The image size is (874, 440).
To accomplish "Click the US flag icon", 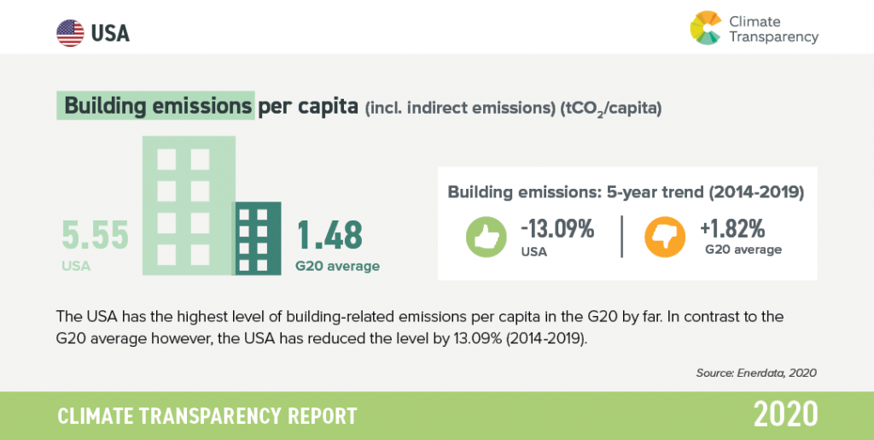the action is point(70,33).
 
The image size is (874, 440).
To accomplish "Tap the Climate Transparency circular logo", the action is point(706,28).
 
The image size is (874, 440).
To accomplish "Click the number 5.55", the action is point(96,235).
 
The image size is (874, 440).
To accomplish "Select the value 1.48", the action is point(329,235).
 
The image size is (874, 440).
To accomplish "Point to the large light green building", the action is point(189,206).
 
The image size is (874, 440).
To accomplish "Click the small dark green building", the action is point(256,238).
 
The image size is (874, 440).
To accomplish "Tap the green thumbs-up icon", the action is point(486,237).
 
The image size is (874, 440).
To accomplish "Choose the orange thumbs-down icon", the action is point(665,237).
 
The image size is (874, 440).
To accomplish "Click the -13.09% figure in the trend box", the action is point(557,229).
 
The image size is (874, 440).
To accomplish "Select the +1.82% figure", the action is point(732,229).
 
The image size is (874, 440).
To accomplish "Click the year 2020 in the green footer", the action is point(786,415).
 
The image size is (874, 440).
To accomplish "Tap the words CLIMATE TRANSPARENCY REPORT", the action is point(207,416).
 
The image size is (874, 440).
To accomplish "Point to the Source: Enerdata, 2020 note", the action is point(756,373).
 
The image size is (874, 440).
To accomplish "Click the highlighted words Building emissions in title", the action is point(158,106).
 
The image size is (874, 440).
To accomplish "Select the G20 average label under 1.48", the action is point(338,266).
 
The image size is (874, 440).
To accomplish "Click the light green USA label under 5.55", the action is point(76,266).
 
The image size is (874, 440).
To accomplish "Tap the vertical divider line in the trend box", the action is point(621,237).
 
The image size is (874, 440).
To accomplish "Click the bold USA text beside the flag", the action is point(110,33).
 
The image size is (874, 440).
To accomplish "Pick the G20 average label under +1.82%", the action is point(743,249).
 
